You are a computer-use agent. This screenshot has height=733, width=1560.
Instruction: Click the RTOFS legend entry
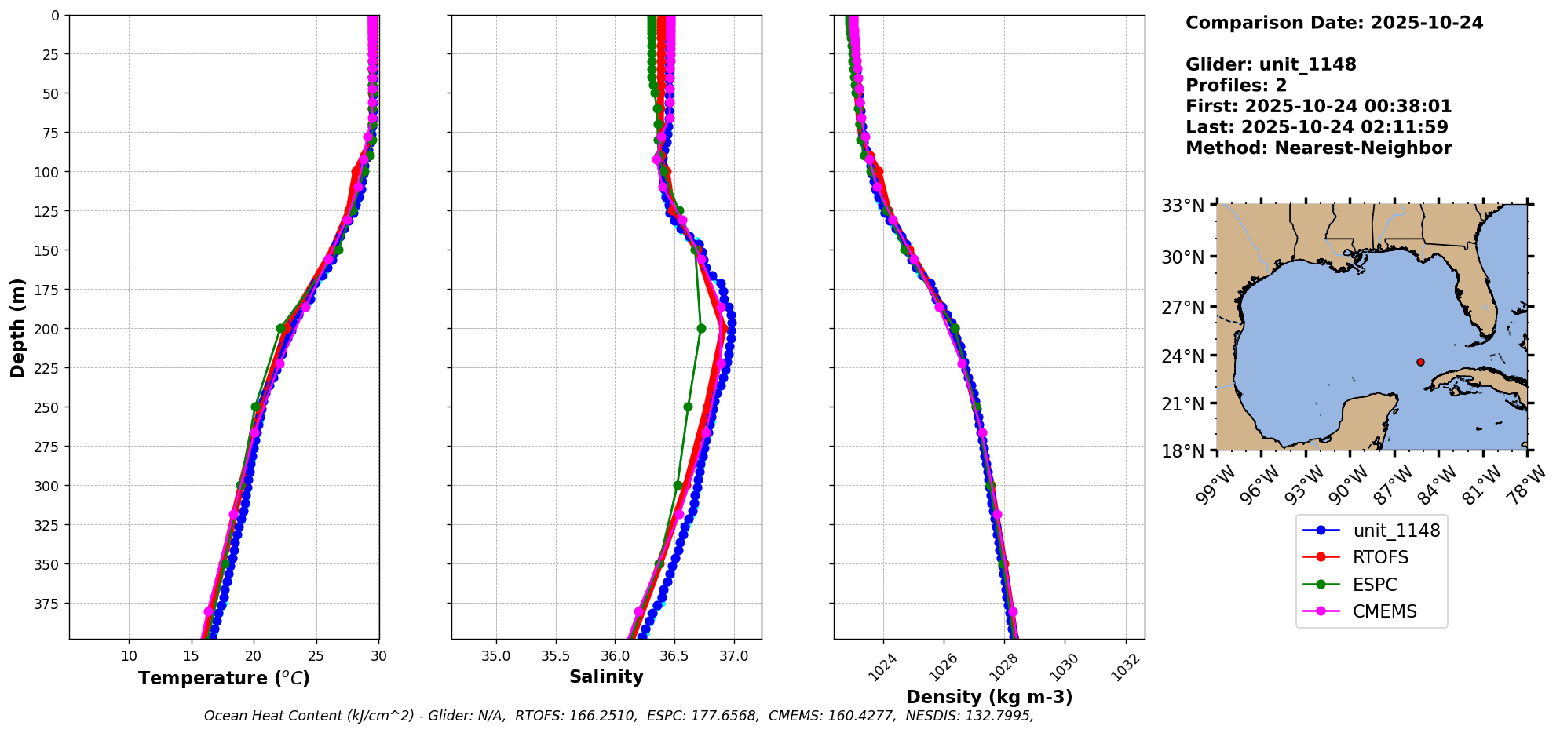(x=1380, y=557)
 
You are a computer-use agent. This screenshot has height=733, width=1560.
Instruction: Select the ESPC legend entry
(x=1375, y=585)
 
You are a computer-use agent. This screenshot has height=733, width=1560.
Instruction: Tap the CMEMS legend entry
(x=1384, y=612)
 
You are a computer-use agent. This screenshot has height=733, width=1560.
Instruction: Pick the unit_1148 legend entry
(x=1396, y=531)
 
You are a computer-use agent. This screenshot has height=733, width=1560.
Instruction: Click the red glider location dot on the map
(x=1420, y=362)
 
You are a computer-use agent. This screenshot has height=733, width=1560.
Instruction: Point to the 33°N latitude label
(x=1183, y=206)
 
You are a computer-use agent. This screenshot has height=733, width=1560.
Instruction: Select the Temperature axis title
(x=224, y=678)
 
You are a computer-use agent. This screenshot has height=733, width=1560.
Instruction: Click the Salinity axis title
(x=606, y=676)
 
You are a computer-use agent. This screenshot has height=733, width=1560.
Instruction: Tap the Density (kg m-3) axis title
(x=989, y=697)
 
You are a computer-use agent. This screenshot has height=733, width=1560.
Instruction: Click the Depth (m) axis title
(x=18, y=327)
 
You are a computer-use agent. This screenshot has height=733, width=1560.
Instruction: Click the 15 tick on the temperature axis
(x=192, y=656)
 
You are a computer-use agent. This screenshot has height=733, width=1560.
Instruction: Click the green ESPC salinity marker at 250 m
(x=688, y=407)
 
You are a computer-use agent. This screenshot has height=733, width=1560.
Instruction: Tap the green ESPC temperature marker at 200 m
(x=281, y=329)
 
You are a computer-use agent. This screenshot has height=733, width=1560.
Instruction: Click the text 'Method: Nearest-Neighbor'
(x=1318, y=148)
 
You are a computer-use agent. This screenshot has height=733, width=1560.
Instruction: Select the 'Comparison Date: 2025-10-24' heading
(x=1334, y=23)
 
